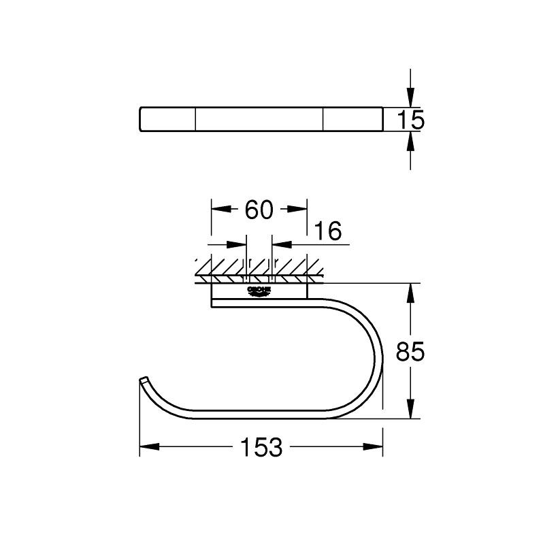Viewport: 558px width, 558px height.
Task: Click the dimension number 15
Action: [410, 120]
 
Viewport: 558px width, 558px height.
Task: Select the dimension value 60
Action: [259, 210]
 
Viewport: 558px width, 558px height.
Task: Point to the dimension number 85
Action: [410, 352]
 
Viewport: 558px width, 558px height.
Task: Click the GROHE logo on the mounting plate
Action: [260, 291]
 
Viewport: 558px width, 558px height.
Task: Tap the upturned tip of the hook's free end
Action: [143, 379]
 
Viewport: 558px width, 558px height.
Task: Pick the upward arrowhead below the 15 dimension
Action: [410, 142]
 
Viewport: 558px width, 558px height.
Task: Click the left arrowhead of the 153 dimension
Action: [148, 447]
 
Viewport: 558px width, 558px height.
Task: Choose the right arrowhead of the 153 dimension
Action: [373, 447]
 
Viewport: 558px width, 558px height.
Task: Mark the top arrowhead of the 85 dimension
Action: [410, 293]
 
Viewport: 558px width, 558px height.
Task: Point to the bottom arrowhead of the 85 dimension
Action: [410, 410]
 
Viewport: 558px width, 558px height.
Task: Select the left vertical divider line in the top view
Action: [196, 119]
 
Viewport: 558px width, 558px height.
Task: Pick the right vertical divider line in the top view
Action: [323, 119]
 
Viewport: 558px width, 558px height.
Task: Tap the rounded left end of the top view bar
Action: [142, 119]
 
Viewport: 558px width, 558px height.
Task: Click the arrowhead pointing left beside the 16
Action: [280, 243]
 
